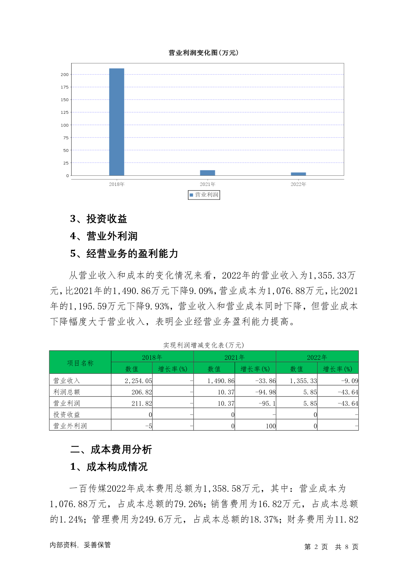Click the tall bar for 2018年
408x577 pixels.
(116, 122)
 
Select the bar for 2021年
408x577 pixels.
(208, 173)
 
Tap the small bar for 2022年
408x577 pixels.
(298, 174)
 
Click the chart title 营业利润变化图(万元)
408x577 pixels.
(203, 53)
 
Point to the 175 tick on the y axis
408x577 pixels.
(65, 87)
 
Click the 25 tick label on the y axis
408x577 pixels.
(66, 163)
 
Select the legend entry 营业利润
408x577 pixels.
(204, 195)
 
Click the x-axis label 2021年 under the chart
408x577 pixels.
(208, 184)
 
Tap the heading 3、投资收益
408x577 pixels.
(99, 219)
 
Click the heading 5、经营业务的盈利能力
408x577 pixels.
(124, 254)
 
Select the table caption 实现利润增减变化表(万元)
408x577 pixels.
(203, 345)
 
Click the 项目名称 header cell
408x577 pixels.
(80, 363)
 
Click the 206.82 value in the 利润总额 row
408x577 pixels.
(141, 392)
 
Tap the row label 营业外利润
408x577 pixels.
(70, 426)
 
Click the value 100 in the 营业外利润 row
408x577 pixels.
(271, 426)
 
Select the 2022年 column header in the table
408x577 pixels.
(317, 357)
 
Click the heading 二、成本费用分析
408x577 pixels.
(111, 450)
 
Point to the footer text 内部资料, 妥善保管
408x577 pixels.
(80, 545)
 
